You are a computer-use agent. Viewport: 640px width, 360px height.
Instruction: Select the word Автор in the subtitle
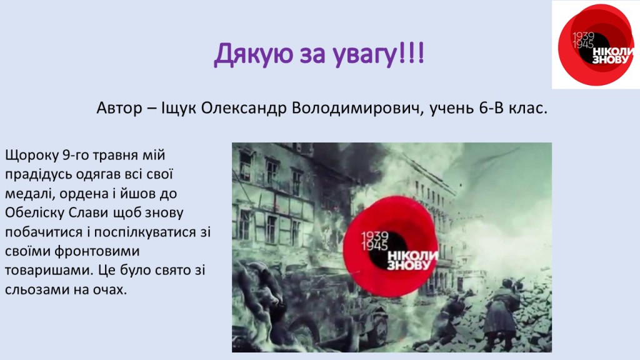point(119,108)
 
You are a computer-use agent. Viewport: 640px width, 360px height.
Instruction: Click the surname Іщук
point(179,109)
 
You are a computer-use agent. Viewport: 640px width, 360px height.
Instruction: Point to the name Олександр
point(244,108)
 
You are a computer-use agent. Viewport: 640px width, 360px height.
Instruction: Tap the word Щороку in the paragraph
point(32,156)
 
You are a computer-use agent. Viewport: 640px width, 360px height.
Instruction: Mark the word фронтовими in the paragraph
point(97,251)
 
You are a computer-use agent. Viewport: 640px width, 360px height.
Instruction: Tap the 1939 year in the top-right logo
point(583,37)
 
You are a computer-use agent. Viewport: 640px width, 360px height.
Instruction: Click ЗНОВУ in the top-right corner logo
point(611,60)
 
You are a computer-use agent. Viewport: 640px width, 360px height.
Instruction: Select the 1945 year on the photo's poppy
point(375,246)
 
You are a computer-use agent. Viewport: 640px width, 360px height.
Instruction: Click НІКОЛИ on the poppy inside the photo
point(412,256)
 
